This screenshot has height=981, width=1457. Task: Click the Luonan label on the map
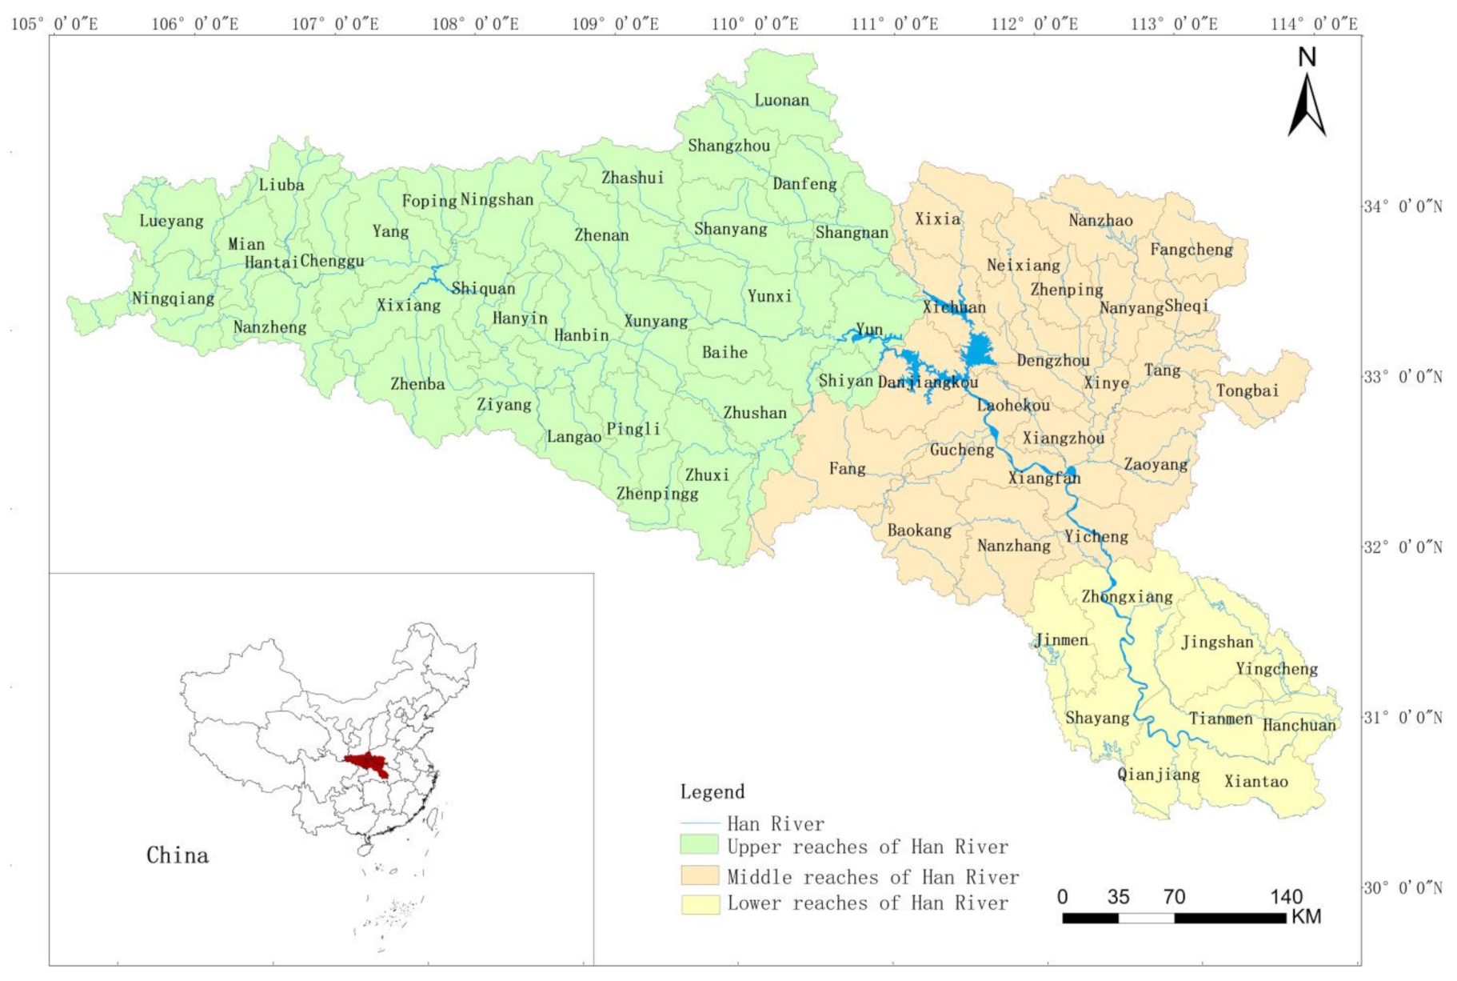tap(781, 100)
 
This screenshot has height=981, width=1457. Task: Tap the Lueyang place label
tap(171, 221)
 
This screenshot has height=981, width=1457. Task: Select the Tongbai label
tap(1247, 390)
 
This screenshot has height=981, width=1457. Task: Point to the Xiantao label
tap(1255, 781)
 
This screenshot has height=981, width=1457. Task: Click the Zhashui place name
tap(633, 178)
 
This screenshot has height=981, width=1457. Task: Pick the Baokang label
tap(919, 530)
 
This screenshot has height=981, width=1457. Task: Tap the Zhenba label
tap(417, 384)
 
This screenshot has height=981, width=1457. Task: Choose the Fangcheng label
tap(1191, 250)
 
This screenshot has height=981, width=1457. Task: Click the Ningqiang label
tap(173, 298)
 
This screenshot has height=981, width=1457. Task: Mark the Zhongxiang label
tap(1127, 596)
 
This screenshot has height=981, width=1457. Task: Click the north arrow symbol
tap(1306, 96)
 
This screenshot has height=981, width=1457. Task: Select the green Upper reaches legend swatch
tap(699, 845)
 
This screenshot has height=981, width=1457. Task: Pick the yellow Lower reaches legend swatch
tap(699, 904)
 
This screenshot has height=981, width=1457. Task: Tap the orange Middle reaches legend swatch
tap(699, 875)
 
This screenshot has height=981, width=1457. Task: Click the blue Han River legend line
tap(699, 823)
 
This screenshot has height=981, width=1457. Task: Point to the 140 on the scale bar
tap(1285, 896)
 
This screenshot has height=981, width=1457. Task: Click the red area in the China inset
tap(369, 763)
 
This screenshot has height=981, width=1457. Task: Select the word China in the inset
tap(177, 855)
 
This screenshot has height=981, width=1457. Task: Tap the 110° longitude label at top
tap(754, 24)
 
